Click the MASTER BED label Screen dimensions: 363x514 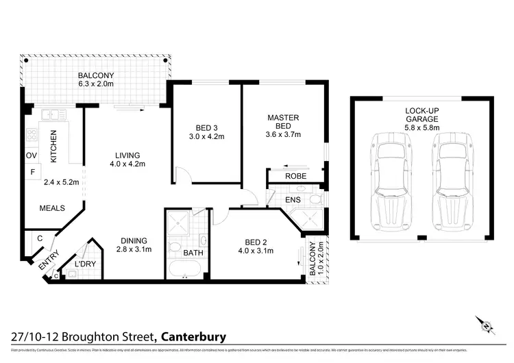click(283, 122)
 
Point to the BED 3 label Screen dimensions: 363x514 click(206, 127)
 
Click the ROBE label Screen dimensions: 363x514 click(296, 177)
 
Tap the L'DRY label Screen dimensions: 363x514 click(85, 264)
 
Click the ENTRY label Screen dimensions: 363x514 click(49, 262)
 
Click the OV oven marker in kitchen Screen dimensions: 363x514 click(31, 155)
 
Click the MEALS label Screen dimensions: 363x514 click(52, 208)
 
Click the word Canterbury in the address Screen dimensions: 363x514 click(194, 336)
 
